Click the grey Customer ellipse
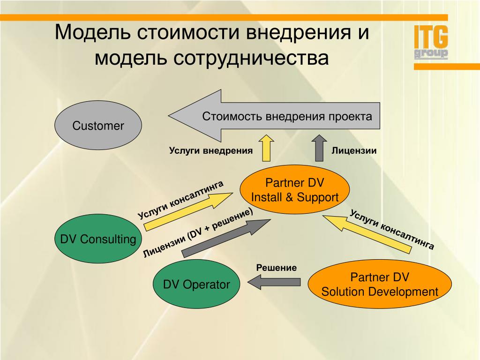tap(98, 125)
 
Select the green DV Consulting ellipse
tap(98, 239)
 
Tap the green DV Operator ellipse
tap(196, 285)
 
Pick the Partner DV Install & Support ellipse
tap(294, 190)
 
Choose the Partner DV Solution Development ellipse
tap(380, 284)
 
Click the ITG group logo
tap(431, 42)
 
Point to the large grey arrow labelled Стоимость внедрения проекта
tap(274, 116)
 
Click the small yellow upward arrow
tap(266, 148)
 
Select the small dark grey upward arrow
tap(319, 148)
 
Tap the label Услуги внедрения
tap(211, 150)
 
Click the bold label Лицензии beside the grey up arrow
tap(354, 150)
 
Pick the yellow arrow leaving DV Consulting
tap(188, 212)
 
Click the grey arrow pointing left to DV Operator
tap(274, 282)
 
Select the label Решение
tap(277, 268)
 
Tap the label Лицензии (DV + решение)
tap(198, 233)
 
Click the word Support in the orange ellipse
tap(318, 198)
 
